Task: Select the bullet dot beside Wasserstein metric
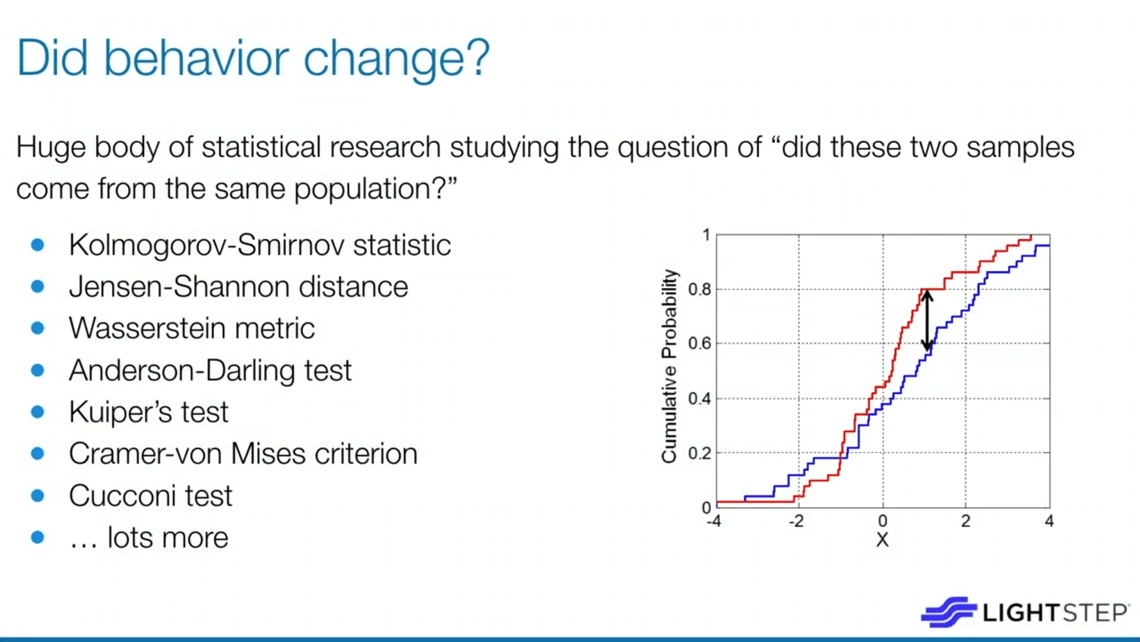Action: pos(37,328)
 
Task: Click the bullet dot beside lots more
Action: pos(37,537)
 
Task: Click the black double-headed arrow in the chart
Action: pos(927,320)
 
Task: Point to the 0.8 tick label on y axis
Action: pos(699,289)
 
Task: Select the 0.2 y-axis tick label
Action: pos(699,454)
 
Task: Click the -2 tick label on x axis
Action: pos(796,521)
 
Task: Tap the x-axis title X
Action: pos(882,540)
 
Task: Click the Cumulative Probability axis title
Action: pos(669,366)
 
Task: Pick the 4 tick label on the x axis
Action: pos(1049,521)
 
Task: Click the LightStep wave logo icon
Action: pos(949,612)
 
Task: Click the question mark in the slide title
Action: pos(476,57)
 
